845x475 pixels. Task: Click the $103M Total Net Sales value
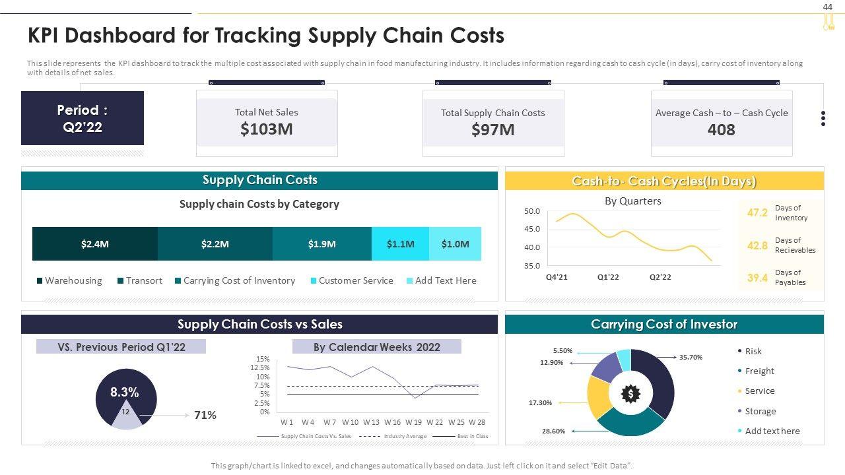tap(266, 129)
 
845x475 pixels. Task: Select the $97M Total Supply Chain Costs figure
tap(492, 130)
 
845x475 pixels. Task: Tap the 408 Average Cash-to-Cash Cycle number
tap(721, 130)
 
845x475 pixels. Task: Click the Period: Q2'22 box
tap(83, 119)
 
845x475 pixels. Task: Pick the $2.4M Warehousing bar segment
tap(95, 244)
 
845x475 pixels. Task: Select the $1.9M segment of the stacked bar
tap(321, 244)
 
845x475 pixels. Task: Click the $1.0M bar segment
tap(455, 244)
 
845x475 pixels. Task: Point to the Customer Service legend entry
tap(355, 281)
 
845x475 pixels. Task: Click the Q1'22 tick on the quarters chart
tap(608, 277)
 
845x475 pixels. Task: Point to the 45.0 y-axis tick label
tap(532, 230)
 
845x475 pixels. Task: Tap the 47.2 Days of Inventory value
tap(757, 212)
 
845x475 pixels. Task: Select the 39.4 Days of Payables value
tap(757, 278)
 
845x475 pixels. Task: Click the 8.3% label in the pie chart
tap(124, 393)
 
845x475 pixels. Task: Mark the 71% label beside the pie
tap(205, 415)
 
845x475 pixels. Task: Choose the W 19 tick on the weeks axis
tap(413, 422)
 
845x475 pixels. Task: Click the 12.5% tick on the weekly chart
tap(260, 368)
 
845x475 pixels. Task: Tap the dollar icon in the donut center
tap(630, 394)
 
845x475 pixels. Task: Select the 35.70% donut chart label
tap(691, 357)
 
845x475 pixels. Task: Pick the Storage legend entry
tap(760, 412)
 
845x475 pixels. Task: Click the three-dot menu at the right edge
tap(823, 119)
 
